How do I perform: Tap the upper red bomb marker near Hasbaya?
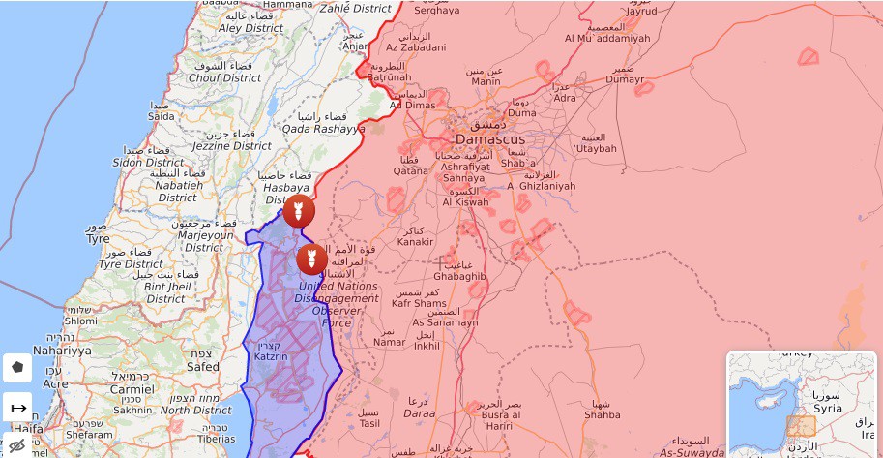[x=299, y=210]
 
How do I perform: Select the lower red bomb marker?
[x=311, y=259]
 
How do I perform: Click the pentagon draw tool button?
[x=17, y=368]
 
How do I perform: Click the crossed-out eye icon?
[x=17, y=445]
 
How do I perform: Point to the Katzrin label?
[x=272, y=356]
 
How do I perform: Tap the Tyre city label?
[x=98, y=238]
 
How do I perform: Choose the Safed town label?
[x=203, y=367]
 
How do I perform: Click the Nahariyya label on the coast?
[x=61, y=350]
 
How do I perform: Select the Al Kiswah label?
[x=466, y=202]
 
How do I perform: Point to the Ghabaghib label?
[x=459, y=276]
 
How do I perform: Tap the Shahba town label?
[x=603, y=415]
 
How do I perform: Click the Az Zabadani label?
[x=416, y=47]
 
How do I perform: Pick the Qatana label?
[x=410, y=170]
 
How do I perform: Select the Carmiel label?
[x=132, y=388]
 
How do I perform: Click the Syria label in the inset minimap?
[x=828, y=409]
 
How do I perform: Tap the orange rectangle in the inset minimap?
[x=801, y=426]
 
